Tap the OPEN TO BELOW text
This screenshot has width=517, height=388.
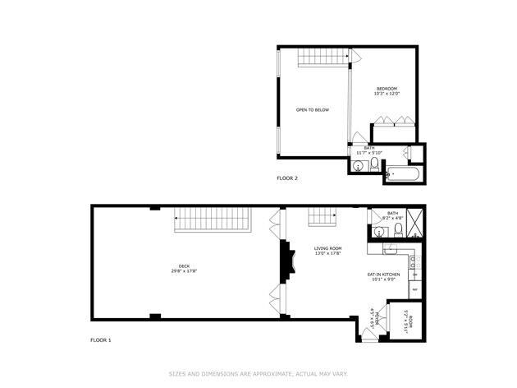(x=313, y=109)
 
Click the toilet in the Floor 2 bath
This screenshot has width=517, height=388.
(x=374, y=166)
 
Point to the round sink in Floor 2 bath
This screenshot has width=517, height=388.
(x=358, y=167)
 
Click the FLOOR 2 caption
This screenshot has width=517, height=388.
(x=287, y=178)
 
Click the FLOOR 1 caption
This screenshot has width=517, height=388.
(x=100, y=339)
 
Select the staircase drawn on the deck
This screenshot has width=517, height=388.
(x=213, y=219)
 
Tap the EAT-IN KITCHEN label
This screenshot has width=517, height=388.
(x=382, y=276)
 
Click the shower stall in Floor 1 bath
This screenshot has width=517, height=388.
(x=414, y=222)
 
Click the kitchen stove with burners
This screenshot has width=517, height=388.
(x=415, y=263)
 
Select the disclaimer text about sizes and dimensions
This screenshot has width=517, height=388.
(x=258, y=373)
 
